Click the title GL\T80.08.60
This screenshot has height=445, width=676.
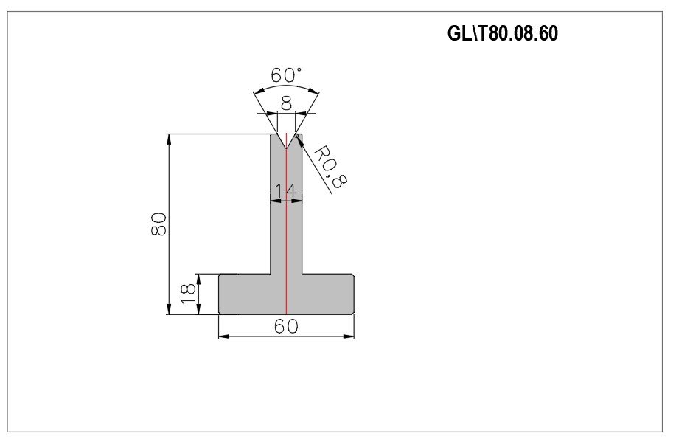[x=503, y=33]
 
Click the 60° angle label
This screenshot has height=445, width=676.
[x=286, y=75]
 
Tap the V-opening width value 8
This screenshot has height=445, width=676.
[x=286, y=103]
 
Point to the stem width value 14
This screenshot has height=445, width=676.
[x=286, y=191]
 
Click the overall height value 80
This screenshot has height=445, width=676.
[x=158, y=224]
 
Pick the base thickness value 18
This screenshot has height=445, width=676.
[x=189, y=294]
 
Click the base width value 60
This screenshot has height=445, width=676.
[x=286, y=326]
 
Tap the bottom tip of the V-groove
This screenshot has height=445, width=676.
[x=286, y=149]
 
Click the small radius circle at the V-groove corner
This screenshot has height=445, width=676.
[x=296, y=136]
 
